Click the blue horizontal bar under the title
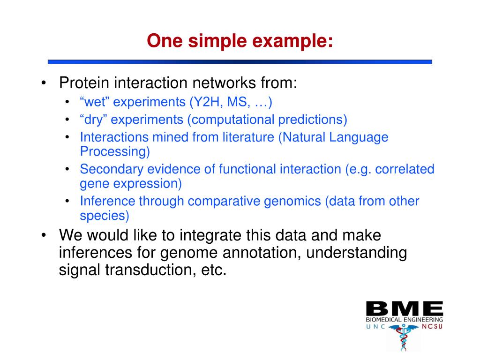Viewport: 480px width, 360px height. pos(240,62)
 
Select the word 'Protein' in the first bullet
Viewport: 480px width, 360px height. pos(84,82)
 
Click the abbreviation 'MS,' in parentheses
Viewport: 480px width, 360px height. pos(239,102)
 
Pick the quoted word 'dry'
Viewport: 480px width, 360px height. pos(93,120)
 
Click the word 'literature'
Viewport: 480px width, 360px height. pos(248,137)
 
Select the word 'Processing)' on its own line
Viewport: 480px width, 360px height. pos(115,151)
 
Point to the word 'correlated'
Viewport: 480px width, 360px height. pos(405,169)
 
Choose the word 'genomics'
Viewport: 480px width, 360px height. pos(292,202)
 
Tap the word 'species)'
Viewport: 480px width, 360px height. pos(105,216)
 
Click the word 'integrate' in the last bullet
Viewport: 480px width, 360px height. pos(209,236)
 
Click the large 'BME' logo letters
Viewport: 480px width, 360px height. pos(405,308)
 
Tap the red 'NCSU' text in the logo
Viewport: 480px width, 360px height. pos(432,327)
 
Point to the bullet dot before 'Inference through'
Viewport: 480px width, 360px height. pos(67,201)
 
